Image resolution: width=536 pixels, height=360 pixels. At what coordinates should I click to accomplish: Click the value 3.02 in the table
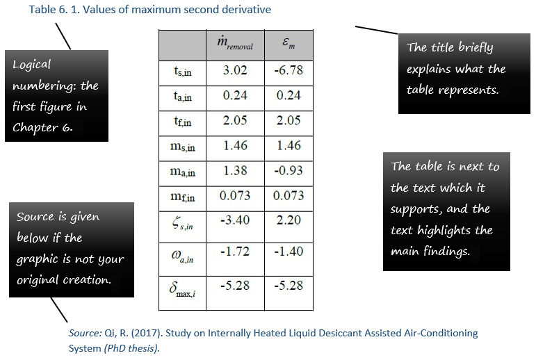click(235, 70)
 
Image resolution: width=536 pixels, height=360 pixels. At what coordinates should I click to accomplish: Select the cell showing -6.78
click(289, 70)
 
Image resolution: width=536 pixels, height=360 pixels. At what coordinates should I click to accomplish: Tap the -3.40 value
click(235, 220)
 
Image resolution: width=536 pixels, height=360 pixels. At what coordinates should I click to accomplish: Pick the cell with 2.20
click(289, 220)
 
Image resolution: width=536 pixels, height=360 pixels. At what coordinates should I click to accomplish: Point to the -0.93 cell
click(289, 170)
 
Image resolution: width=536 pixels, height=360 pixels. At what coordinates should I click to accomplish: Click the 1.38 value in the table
click(235, 170)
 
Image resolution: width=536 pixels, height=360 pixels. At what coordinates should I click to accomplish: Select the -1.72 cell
click(235, 252)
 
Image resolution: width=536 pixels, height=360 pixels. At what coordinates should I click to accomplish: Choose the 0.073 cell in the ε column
click(289, 195)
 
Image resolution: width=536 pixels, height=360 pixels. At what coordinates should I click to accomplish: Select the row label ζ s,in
click(182, 224)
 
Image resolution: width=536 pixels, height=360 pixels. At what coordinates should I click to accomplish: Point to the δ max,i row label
click(182, 290)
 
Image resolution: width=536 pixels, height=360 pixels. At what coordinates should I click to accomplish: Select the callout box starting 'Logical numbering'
click(57, 96)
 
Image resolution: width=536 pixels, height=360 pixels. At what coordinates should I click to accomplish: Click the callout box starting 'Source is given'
click(72, 249)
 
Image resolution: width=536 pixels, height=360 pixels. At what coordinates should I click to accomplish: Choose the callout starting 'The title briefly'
click(464, 74)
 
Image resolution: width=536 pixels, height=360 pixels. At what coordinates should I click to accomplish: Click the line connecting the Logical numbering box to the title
click(63, 37)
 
